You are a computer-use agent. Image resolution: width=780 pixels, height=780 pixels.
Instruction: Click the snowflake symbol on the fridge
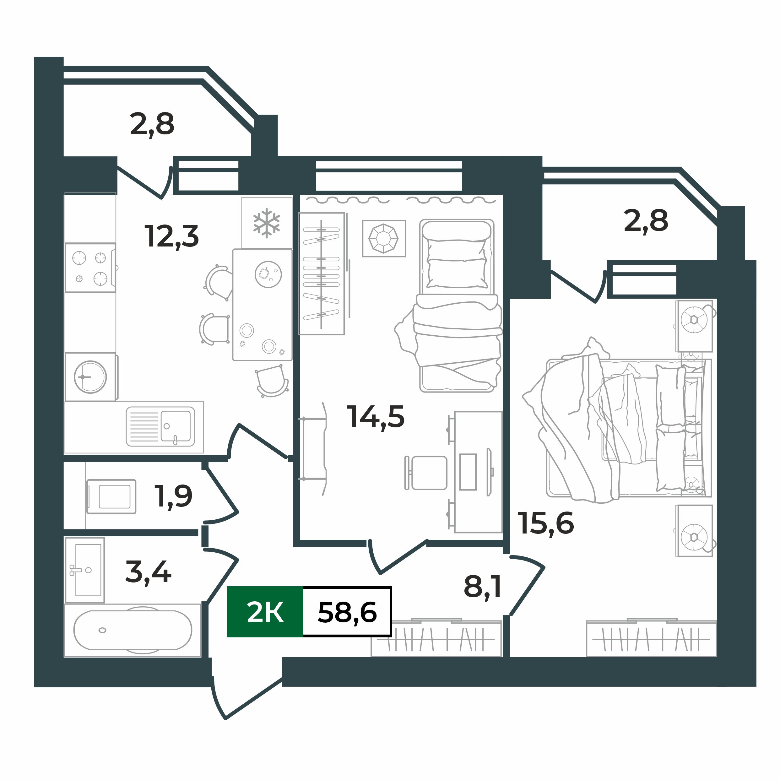coord(267,223)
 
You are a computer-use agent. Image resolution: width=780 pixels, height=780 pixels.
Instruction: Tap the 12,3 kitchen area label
coord(171,236)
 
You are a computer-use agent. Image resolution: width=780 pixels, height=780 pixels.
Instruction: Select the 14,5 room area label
coord(376,417)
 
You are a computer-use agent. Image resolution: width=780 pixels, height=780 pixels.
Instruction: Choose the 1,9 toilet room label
coord(174,496)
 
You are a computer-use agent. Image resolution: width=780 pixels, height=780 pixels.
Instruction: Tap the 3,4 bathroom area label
coord(148,572)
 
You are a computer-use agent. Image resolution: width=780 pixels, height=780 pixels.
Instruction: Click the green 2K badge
coord(265,612)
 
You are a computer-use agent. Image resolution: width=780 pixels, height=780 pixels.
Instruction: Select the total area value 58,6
coord(347,612)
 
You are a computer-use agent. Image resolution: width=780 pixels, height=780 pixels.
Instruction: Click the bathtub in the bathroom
coord(133,630)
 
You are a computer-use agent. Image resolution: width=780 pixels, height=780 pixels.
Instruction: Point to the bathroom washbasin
coord(85,570)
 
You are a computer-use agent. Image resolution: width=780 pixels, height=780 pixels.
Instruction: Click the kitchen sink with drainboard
coord(160,426)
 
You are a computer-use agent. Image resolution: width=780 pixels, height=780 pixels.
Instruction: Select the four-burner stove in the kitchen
coord(90,268)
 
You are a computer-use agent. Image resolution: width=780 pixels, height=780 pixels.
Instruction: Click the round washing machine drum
coord(90,377)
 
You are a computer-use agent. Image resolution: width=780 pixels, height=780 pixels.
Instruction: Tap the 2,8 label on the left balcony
coord(152,124)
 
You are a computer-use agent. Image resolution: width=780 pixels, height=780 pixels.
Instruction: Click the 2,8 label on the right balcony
coord(646,221)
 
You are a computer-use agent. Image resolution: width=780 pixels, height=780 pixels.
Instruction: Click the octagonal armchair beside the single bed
coord(383,238)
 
